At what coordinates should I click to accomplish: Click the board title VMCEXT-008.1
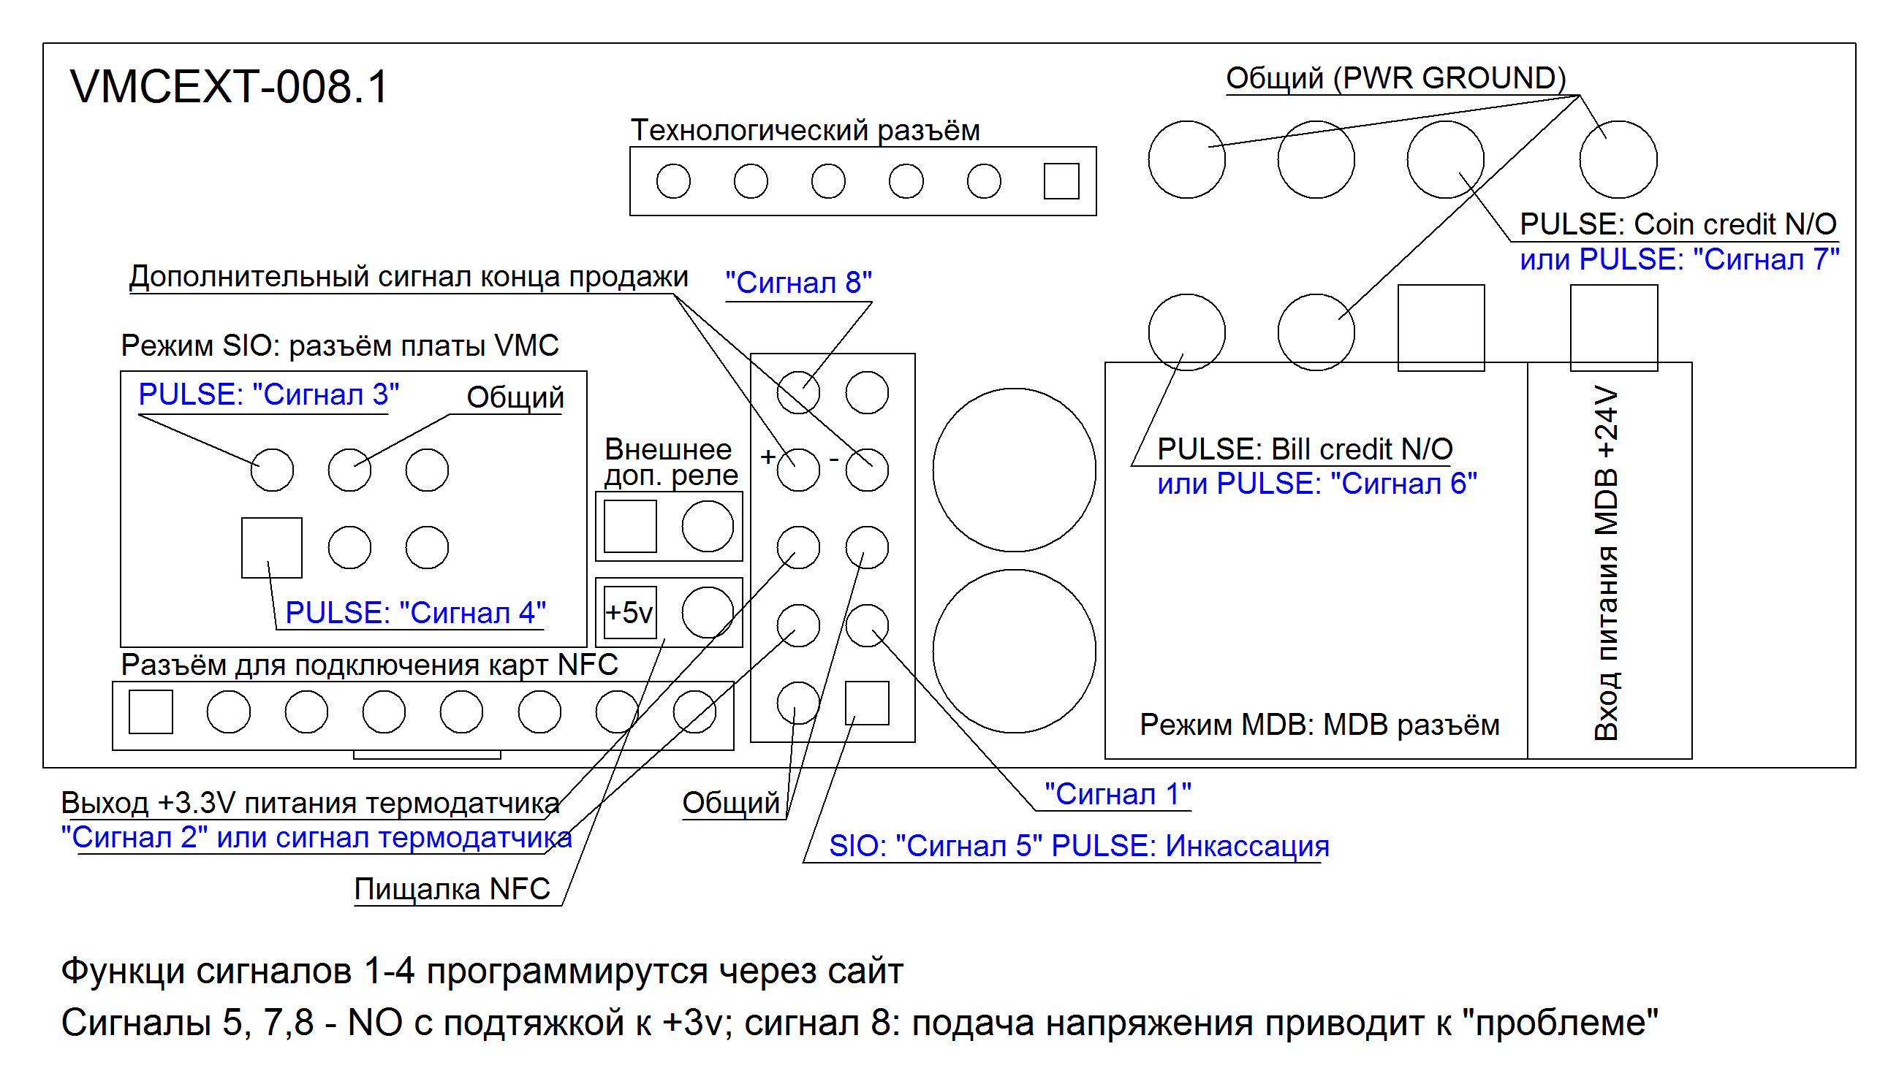click(230, 87)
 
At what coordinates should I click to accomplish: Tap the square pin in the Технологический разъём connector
click(1061, 181)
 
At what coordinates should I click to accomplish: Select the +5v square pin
click(629, 613)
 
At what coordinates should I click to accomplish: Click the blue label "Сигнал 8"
click(798, 283)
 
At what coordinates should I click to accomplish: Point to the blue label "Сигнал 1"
click(1117, 794)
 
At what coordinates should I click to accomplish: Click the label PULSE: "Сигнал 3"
click(269, 394)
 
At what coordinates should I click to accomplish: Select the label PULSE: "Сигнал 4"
click(415, 613)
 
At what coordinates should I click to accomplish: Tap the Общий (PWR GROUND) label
click(1395, 78)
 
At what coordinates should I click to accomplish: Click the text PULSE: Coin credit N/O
click(1678, 224)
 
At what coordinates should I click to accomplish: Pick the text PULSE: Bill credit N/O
click(1305, 449)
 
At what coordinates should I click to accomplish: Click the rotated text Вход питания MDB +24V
click(1607, 564)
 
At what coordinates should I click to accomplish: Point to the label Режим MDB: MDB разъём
click(1319, 725)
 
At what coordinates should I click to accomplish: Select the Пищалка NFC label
click(452, 889)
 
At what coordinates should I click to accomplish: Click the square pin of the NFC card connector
click(151, 712)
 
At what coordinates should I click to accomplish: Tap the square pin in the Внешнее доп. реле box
click(630, 526)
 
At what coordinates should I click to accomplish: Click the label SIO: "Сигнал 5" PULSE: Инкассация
click(1078, 846)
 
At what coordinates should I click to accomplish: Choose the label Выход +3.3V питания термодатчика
click(310, 803)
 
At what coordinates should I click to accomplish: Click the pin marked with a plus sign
click(797, 470)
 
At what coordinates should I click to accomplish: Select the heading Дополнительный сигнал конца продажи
click(408, 277)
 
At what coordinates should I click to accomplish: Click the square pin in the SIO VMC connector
click(272, 548)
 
